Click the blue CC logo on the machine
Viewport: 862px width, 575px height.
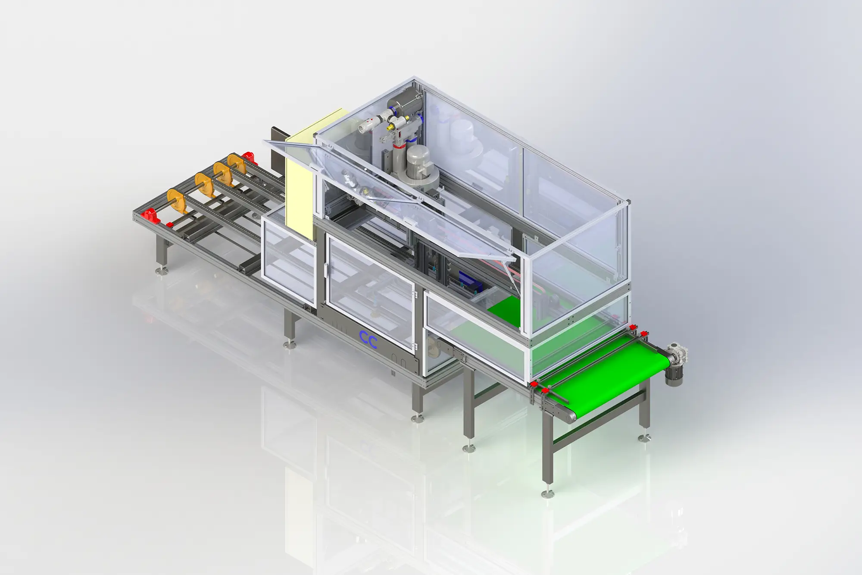tap(369, 340)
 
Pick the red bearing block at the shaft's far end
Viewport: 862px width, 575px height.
tap(247, 158)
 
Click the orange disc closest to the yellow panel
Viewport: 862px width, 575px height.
tap(236, 166)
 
